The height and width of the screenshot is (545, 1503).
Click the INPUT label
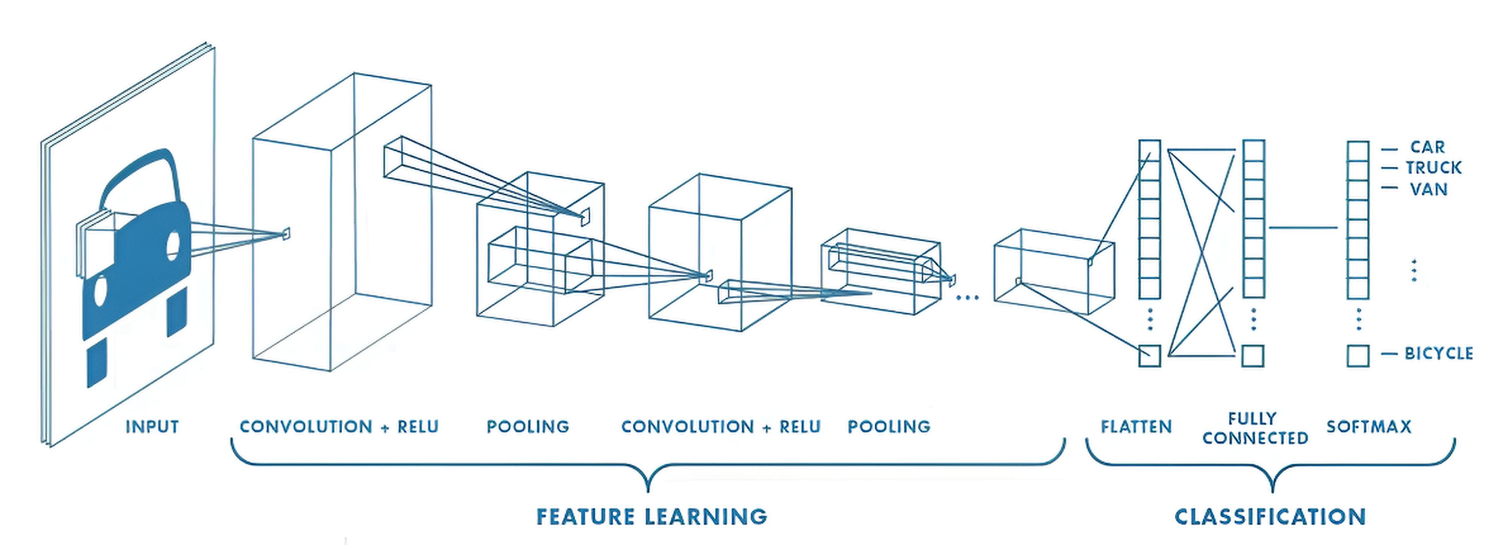coord(152,426)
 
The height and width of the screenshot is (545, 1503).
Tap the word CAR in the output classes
coord(1427,147)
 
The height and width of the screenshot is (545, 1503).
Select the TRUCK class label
coord(1433,168)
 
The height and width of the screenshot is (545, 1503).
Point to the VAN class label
coord(1428,189)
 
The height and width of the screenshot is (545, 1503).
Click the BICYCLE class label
coord(1438,353)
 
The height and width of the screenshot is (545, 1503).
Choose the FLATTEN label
coord(1136,427)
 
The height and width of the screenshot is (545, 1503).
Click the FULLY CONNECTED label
coord(1255,428)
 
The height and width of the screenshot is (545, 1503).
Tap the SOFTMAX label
coord(1368,426)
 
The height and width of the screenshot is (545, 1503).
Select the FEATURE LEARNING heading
coord(652,517)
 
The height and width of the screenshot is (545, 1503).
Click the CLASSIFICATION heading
coord(1270,517)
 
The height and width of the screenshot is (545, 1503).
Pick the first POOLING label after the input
coord(527,426)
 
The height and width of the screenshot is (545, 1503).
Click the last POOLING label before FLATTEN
coord(889,426)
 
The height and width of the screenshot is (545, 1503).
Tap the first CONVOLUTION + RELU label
coord(339,426)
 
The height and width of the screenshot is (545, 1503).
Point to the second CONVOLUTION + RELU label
coord(720,426)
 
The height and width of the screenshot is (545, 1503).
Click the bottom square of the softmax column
coord(1358,356)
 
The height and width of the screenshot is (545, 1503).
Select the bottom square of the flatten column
coord(1149,356)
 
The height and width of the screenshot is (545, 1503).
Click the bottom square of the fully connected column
coord(1253,356)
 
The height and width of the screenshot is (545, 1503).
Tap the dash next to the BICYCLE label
coord(1389,354)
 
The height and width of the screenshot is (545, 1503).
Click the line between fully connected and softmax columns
coord(1303,228)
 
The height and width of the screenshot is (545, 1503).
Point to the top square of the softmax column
coord(1358,150)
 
